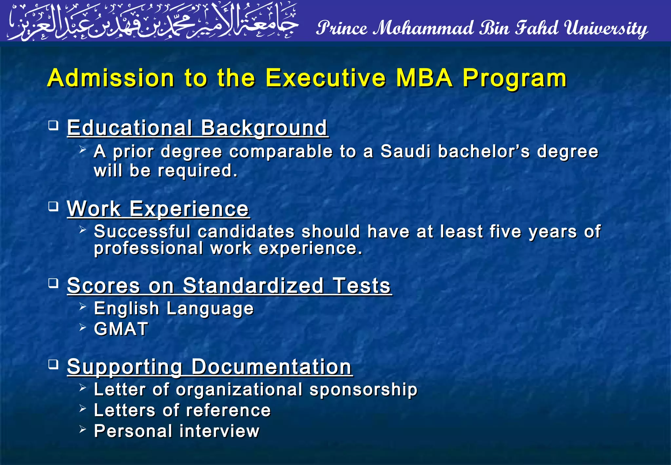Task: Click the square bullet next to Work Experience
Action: (53, 207)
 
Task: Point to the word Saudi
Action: (405, 152)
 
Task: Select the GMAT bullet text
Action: (121, 329)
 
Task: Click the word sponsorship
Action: (363, 390)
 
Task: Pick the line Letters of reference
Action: (182, 410)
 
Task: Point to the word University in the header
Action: (606, 28)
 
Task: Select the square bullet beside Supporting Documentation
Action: (53, 364)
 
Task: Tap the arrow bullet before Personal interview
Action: (83, 429)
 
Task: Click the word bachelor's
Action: (484, 152)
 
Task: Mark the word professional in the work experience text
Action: (148, 249)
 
